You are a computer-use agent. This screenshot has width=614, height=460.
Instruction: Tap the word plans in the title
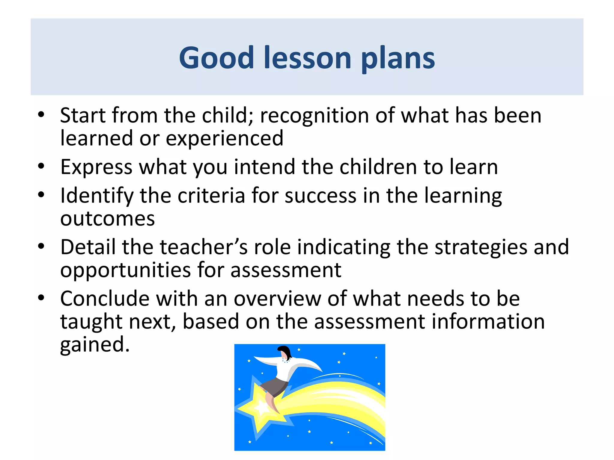click(398, 59)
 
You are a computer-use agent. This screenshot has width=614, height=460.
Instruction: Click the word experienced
click(224, 139)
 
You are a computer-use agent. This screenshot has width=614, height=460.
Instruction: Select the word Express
click(96, 167)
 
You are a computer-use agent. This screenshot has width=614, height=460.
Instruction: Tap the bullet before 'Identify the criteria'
click(41, 195)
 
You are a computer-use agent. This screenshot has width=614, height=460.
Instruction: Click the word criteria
click(211, 196)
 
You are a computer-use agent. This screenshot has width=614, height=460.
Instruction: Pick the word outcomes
click(107, 219)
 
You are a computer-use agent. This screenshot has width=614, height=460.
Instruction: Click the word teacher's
click(204, 247)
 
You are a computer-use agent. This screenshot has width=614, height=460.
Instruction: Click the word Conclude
click(105, 299)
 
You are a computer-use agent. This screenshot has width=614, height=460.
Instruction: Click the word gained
click(94, 345)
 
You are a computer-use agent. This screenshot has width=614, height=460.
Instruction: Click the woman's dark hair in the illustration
click(285, 351)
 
